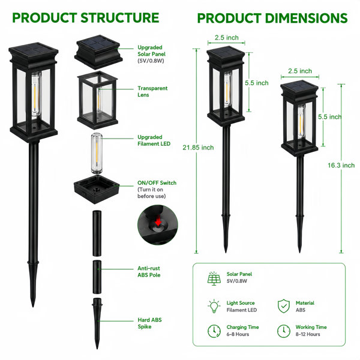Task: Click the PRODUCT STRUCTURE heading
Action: (86, 18)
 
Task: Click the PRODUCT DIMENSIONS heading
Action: (272, 18)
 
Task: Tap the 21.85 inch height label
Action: (198, 148)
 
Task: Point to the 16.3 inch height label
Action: (341, 166)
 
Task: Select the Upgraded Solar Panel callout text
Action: (151, 54)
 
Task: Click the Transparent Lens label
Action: (152, 91)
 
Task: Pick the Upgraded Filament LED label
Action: (154, 140)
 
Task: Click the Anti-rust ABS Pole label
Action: (149, 272)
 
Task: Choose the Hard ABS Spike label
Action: (149, 323)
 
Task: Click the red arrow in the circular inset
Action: (158, 222)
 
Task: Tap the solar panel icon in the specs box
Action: (214, 278)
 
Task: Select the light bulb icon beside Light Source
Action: (214, 306)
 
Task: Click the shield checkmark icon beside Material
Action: (284, 306)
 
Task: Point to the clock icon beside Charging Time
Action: (214, 331)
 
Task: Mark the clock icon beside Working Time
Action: (284, 331)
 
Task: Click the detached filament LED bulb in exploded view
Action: (97, 154)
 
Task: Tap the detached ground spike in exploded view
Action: (97, 323)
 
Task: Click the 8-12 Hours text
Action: (308, 334)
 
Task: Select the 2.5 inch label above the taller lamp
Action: (227, 37)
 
